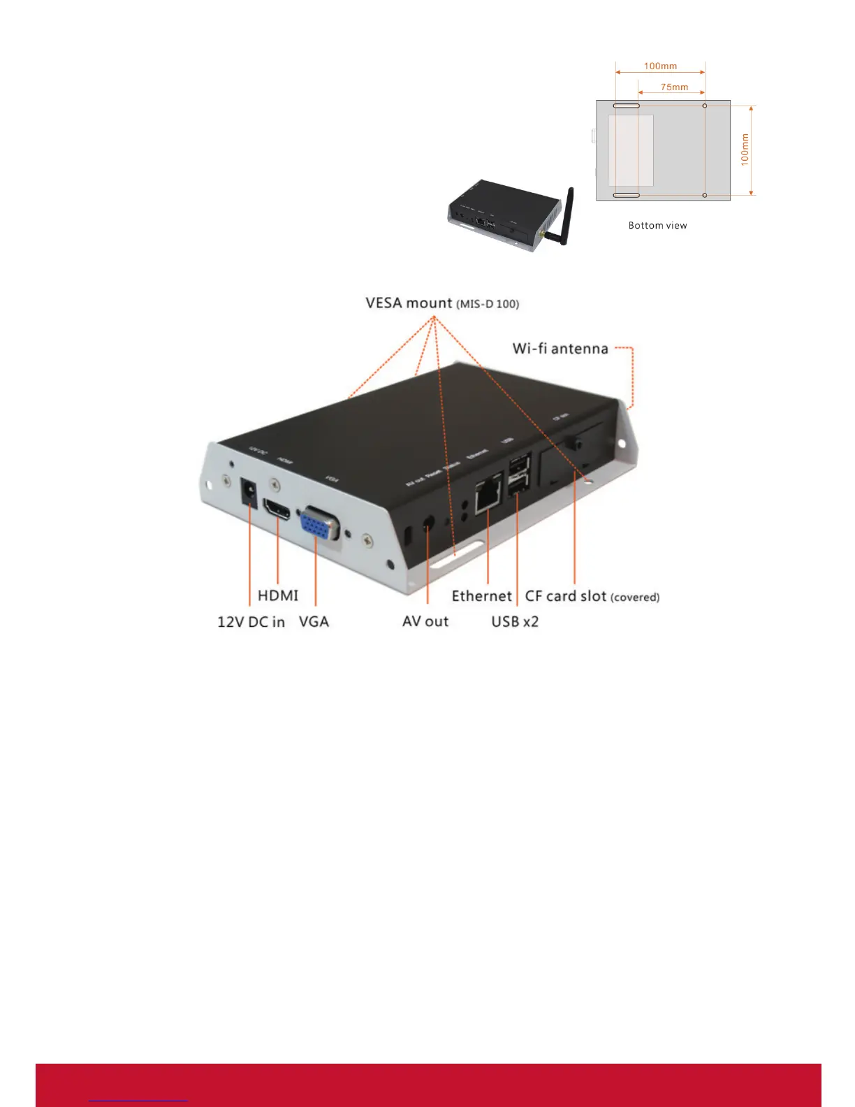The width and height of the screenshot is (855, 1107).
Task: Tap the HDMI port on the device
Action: tap(277, 509)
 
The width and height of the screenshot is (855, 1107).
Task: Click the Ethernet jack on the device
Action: tap(488, 495)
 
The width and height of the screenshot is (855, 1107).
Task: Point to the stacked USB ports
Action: tap(520, 475)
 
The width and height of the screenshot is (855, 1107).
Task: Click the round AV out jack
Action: tap(428, 523)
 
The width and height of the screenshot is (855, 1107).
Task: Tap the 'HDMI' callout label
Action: tap(278, 595)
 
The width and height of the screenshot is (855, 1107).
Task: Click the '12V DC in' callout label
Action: tap(251, 622)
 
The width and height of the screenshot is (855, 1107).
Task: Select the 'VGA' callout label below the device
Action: tap(314, 622)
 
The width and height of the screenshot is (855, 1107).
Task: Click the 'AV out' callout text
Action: tap(425, 622)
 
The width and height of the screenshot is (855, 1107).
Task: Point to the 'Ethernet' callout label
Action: tap(482, 596)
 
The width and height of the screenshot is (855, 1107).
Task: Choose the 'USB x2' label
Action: tap(515, 622)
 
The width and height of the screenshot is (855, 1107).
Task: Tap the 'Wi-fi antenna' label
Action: tap(560, 349)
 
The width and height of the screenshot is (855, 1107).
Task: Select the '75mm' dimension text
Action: tap(674, 87)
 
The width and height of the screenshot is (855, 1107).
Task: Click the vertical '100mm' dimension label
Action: tap(745, 149)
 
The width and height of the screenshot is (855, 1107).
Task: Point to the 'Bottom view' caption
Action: tap(657, 226)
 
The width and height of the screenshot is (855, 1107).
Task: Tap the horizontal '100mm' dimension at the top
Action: tap(660, 66)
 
